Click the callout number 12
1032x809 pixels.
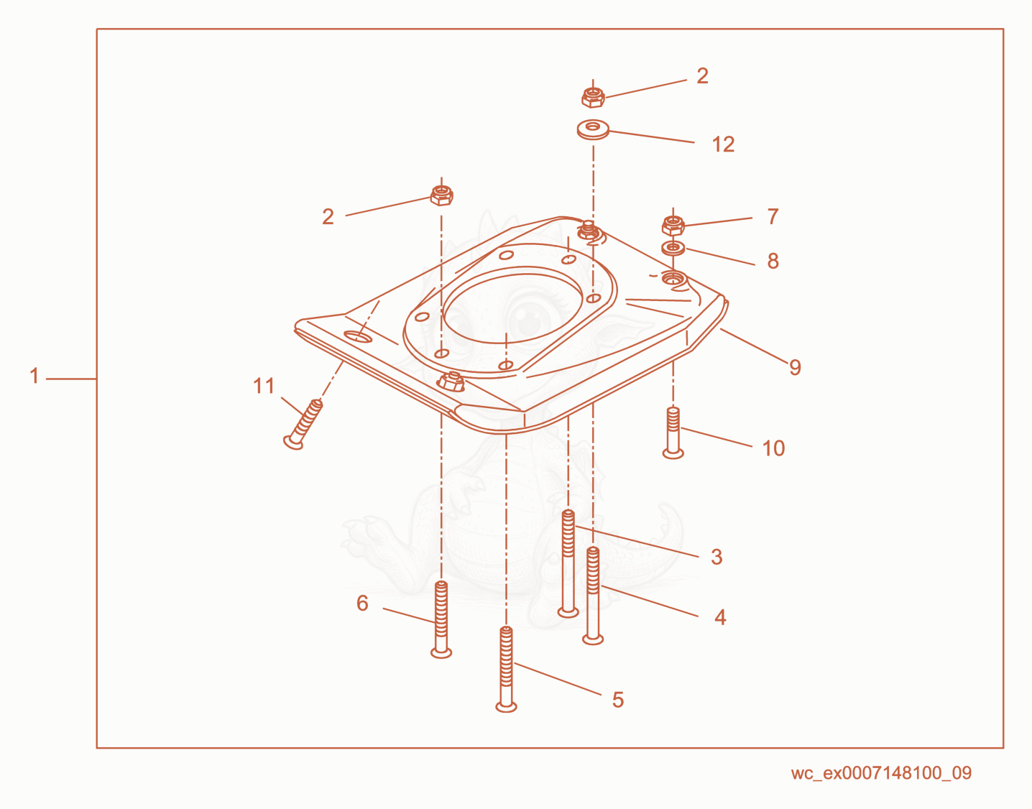coord(723,144)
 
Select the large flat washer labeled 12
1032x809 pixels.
coord(593,129)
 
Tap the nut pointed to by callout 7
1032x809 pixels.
coord(673,226)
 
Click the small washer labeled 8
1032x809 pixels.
coord(673,248)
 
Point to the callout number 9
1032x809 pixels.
coord(795,367)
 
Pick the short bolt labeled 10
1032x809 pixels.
coord(673,433)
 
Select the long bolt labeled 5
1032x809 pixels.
coord(506,669)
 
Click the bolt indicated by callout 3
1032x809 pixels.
coord(568,563)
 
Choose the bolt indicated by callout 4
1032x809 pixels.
coord(593,596)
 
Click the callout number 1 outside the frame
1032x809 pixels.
coord(34,376)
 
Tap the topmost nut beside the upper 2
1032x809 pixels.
coord(593,97)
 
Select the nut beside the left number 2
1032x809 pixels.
coord(442,195)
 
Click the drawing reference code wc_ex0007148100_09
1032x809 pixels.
coord(881,773)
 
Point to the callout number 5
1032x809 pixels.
coord(618,700)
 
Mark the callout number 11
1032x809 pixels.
coord(264,386)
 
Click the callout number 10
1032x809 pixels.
coord(774,448)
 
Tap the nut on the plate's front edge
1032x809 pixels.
coord(451,382)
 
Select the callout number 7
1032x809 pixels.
coord(773,216)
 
